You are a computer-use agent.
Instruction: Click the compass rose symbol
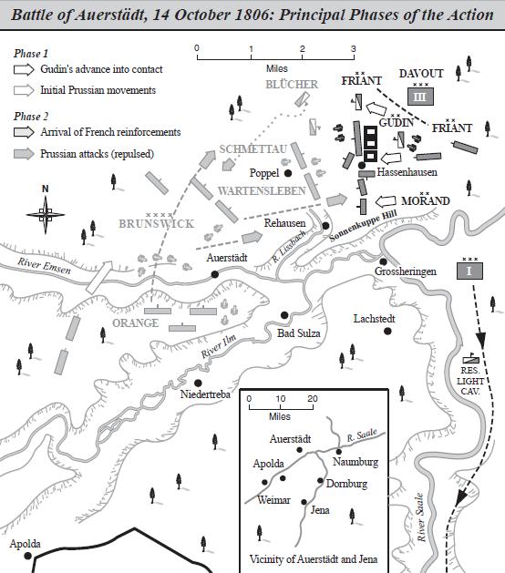(x=46, y=215)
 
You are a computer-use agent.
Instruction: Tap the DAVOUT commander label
(x=420, y=74)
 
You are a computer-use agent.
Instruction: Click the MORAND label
(x=426, y=200)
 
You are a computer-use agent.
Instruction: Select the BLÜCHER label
(x=292, y=85)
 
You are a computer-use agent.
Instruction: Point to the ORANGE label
(x=135, y=322)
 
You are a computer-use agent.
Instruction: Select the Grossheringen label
(x=406, y=271)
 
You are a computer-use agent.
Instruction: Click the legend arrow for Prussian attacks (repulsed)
(x=26, y=154)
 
